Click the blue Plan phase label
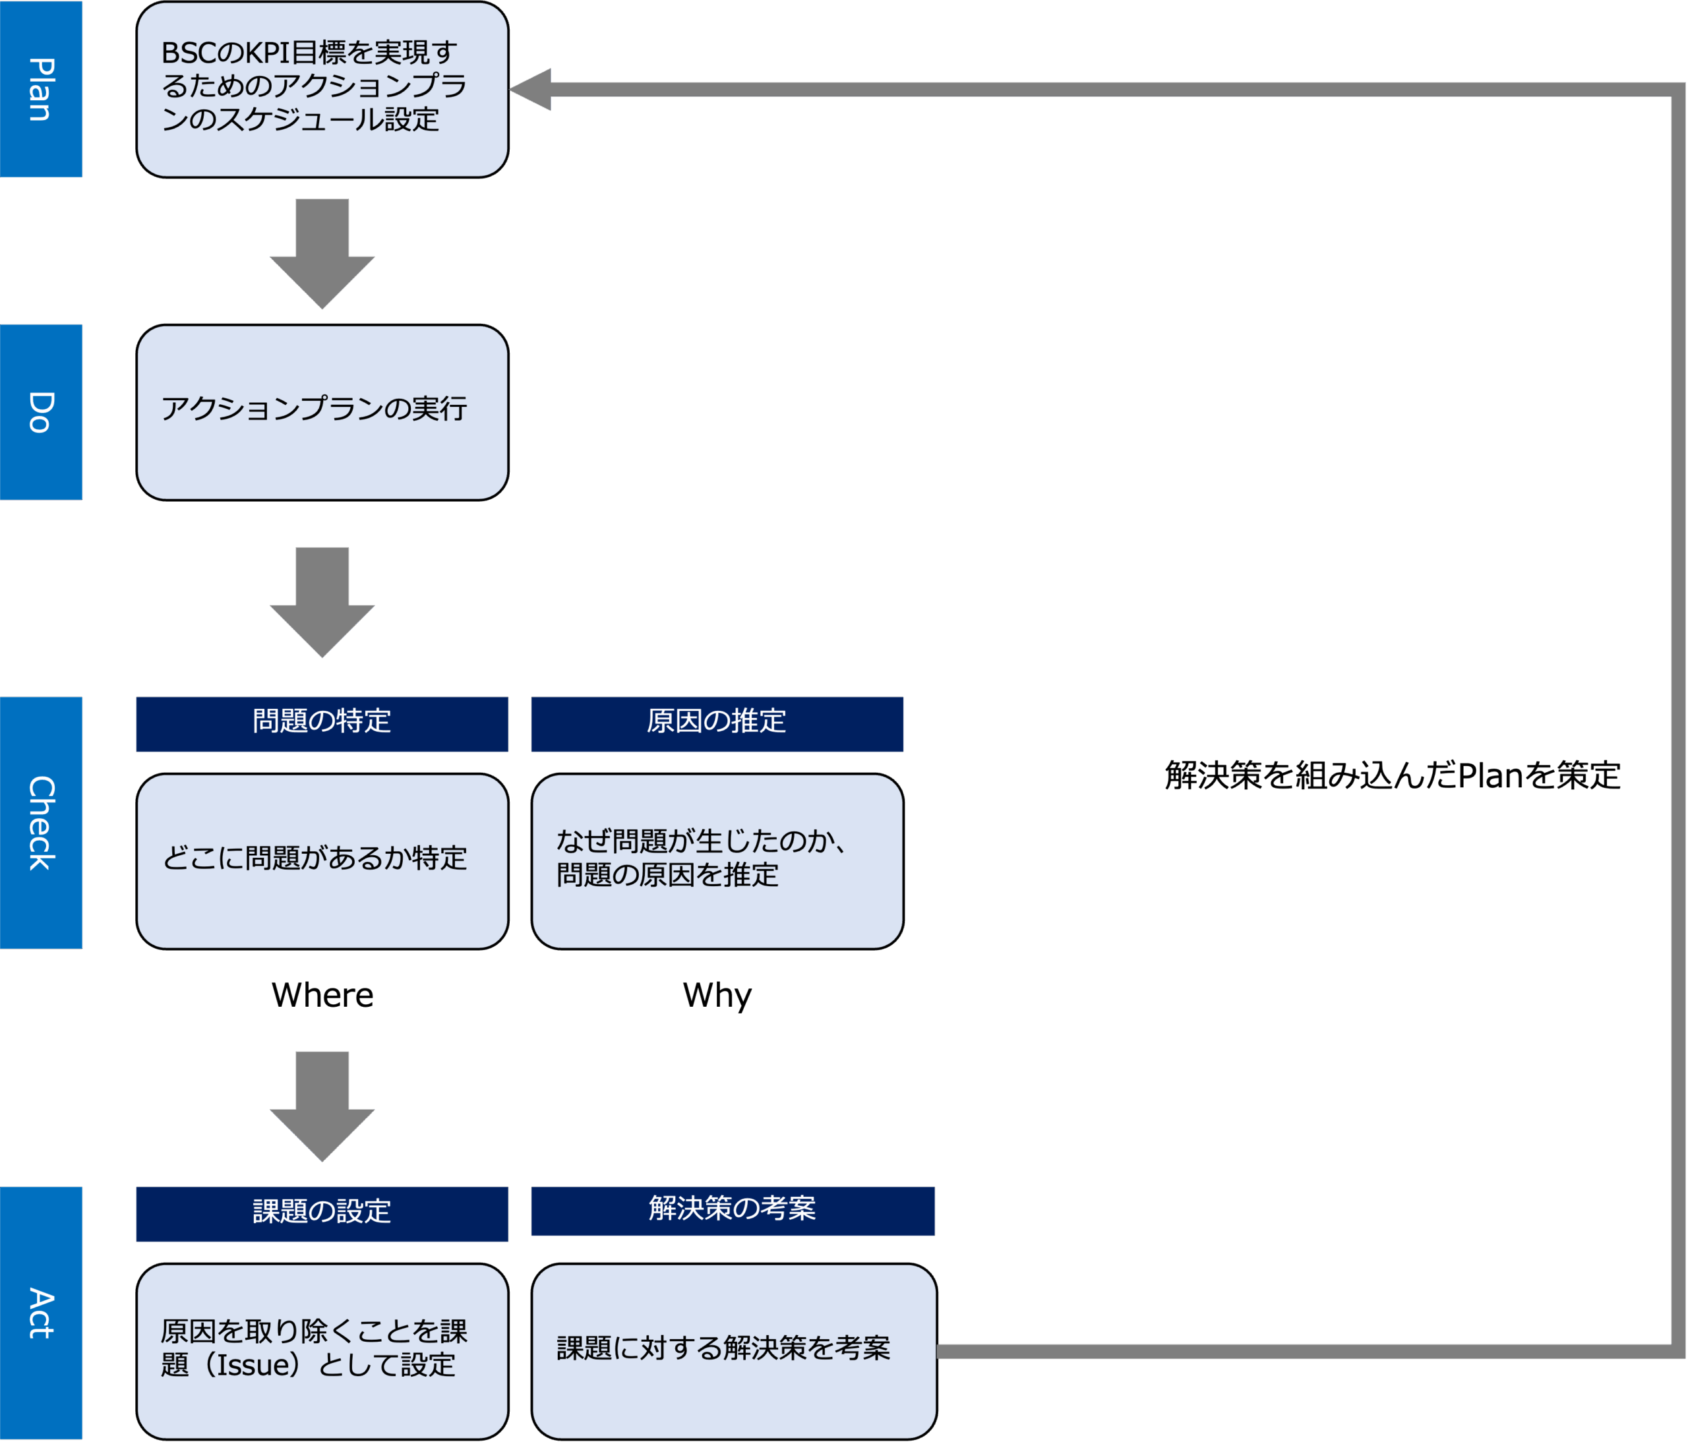41,89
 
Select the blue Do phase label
41,411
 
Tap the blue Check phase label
41,822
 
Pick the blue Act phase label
41,1313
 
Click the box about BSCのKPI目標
322,89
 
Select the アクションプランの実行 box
322,411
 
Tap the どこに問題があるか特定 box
322,860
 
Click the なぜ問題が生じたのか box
717,860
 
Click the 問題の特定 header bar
322,723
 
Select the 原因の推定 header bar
717,723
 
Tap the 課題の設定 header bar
322,1213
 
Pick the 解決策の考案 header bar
733,1210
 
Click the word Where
322,995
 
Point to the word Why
717,995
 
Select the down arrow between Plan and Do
322,253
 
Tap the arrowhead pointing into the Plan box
532,89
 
